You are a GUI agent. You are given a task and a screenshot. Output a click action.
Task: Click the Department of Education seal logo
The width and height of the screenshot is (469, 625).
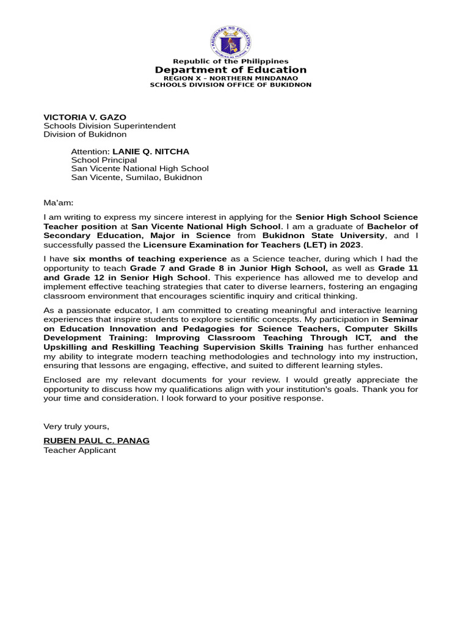230,42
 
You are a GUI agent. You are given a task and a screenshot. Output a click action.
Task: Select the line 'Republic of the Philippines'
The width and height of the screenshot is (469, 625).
230,62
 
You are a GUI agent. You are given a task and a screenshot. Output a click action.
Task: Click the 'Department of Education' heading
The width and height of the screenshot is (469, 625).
230,70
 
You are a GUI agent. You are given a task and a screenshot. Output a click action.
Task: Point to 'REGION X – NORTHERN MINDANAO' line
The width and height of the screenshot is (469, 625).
230,78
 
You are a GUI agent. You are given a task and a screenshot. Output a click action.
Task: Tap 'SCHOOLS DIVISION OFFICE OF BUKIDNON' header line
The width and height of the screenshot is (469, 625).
230,85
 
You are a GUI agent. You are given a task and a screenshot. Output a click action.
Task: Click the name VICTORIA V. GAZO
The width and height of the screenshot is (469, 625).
85,117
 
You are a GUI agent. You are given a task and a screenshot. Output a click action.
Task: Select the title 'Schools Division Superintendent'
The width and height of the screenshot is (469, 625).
109,126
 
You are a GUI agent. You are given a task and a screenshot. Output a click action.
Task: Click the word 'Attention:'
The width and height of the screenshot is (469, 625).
90,151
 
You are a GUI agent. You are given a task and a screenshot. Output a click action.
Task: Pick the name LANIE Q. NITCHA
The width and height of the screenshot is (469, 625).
151,151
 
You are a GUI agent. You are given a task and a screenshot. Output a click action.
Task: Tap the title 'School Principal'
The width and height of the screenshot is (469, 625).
104,160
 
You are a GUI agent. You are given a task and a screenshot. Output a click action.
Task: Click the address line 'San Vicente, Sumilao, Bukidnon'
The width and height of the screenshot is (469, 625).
136,178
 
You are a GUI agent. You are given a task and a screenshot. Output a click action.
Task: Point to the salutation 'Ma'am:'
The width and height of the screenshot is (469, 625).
58,203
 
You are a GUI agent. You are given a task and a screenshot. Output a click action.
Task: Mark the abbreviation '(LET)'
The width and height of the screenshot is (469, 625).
311,245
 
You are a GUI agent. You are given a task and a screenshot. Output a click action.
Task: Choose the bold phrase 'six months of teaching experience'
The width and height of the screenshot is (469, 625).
150,259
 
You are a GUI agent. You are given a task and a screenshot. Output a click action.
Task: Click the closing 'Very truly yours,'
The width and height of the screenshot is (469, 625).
76,426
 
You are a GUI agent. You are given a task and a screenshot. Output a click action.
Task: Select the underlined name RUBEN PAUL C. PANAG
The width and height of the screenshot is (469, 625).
96,441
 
